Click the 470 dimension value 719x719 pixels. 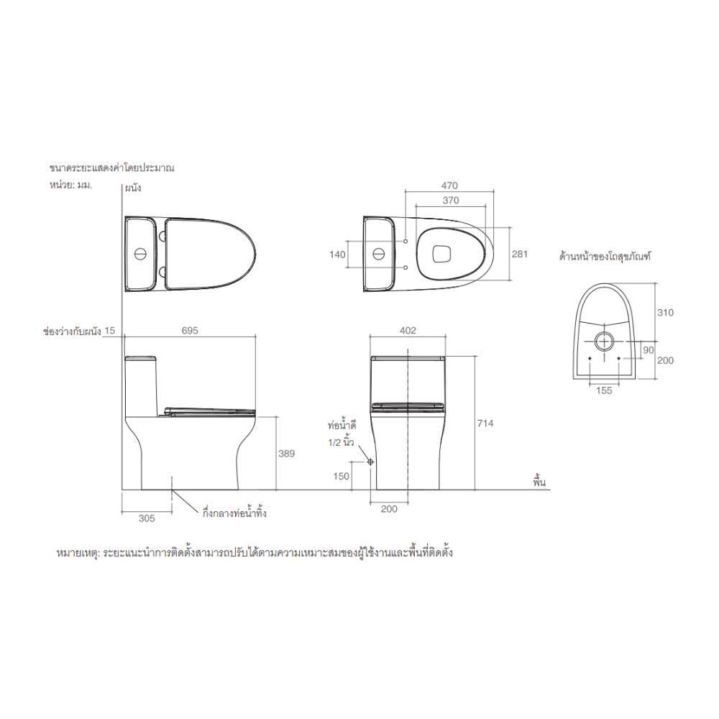pos(449,186)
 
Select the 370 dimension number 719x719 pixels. pos(451,201)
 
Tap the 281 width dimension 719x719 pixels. pos(520,254)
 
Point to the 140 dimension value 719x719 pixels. pos(337,254)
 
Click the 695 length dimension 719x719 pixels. pos(190,331)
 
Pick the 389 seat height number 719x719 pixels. pos(287,454)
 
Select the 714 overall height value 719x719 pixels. pos(485,423)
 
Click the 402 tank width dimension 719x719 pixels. pos(408,331)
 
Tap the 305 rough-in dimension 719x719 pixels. pos(147,518)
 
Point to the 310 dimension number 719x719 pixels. pos(665,312)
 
